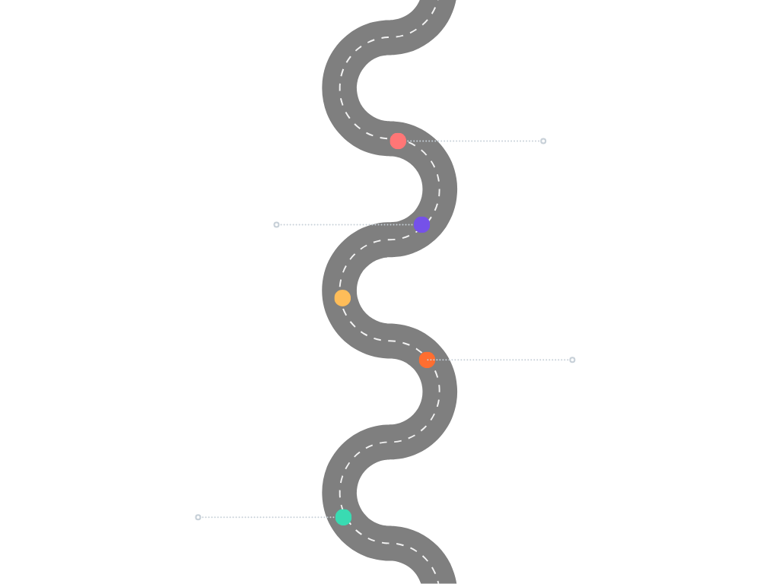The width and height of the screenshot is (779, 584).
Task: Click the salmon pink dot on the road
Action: point(398,141)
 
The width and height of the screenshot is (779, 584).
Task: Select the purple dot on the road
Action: point(421,224)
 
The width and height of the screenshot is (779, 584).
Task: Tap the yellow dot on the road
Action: point(342,298)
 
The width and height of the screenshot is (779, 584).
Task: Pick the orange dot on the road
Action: point(427,360)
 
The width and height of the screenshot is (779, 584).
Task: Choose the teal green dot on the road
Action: point(343,517)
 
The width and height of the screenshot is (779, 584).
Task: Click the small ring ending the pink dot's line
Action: point(543,141)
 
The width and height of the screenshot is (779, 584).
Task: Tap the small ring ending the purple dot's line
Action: point(276,224)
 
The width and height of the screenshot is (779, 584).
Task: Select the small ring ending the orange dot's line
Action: point(572,360)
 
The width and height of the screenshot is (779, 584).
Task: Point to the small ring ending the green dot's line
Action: point(198,517)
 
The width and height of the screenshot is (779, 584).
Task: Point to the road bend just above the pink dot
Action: point(340,88)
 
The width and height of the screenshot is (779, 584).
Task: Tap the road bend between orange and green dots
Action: point(440,392)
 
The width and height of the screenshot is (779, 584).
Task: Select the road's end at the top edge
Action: point(437,4)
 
